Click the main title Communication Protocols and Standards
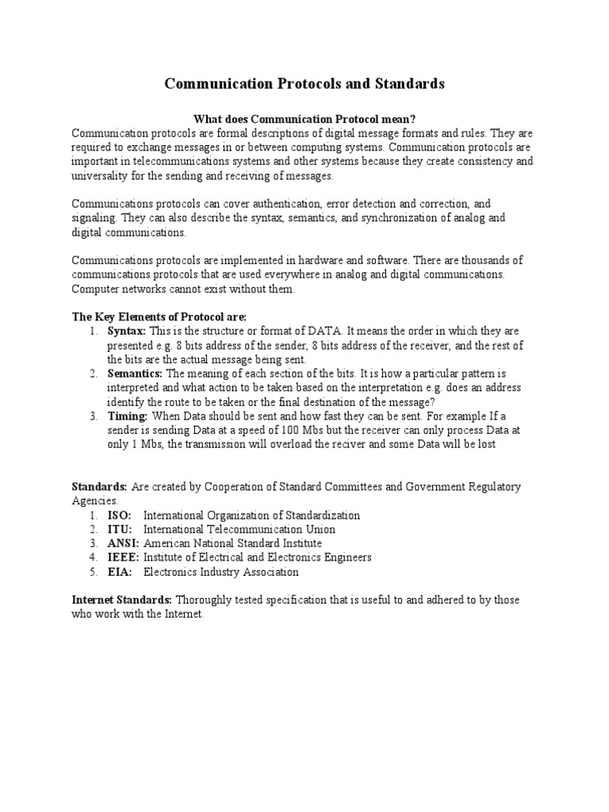coord(304,83)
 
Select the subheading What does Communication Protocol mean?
coord(304,118)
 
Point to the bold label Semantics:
coord(135,373)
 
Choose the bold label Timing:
coord(128,416)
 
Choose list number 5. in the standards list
coord(94,572)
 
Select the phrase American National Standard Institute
coord(232,543)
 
